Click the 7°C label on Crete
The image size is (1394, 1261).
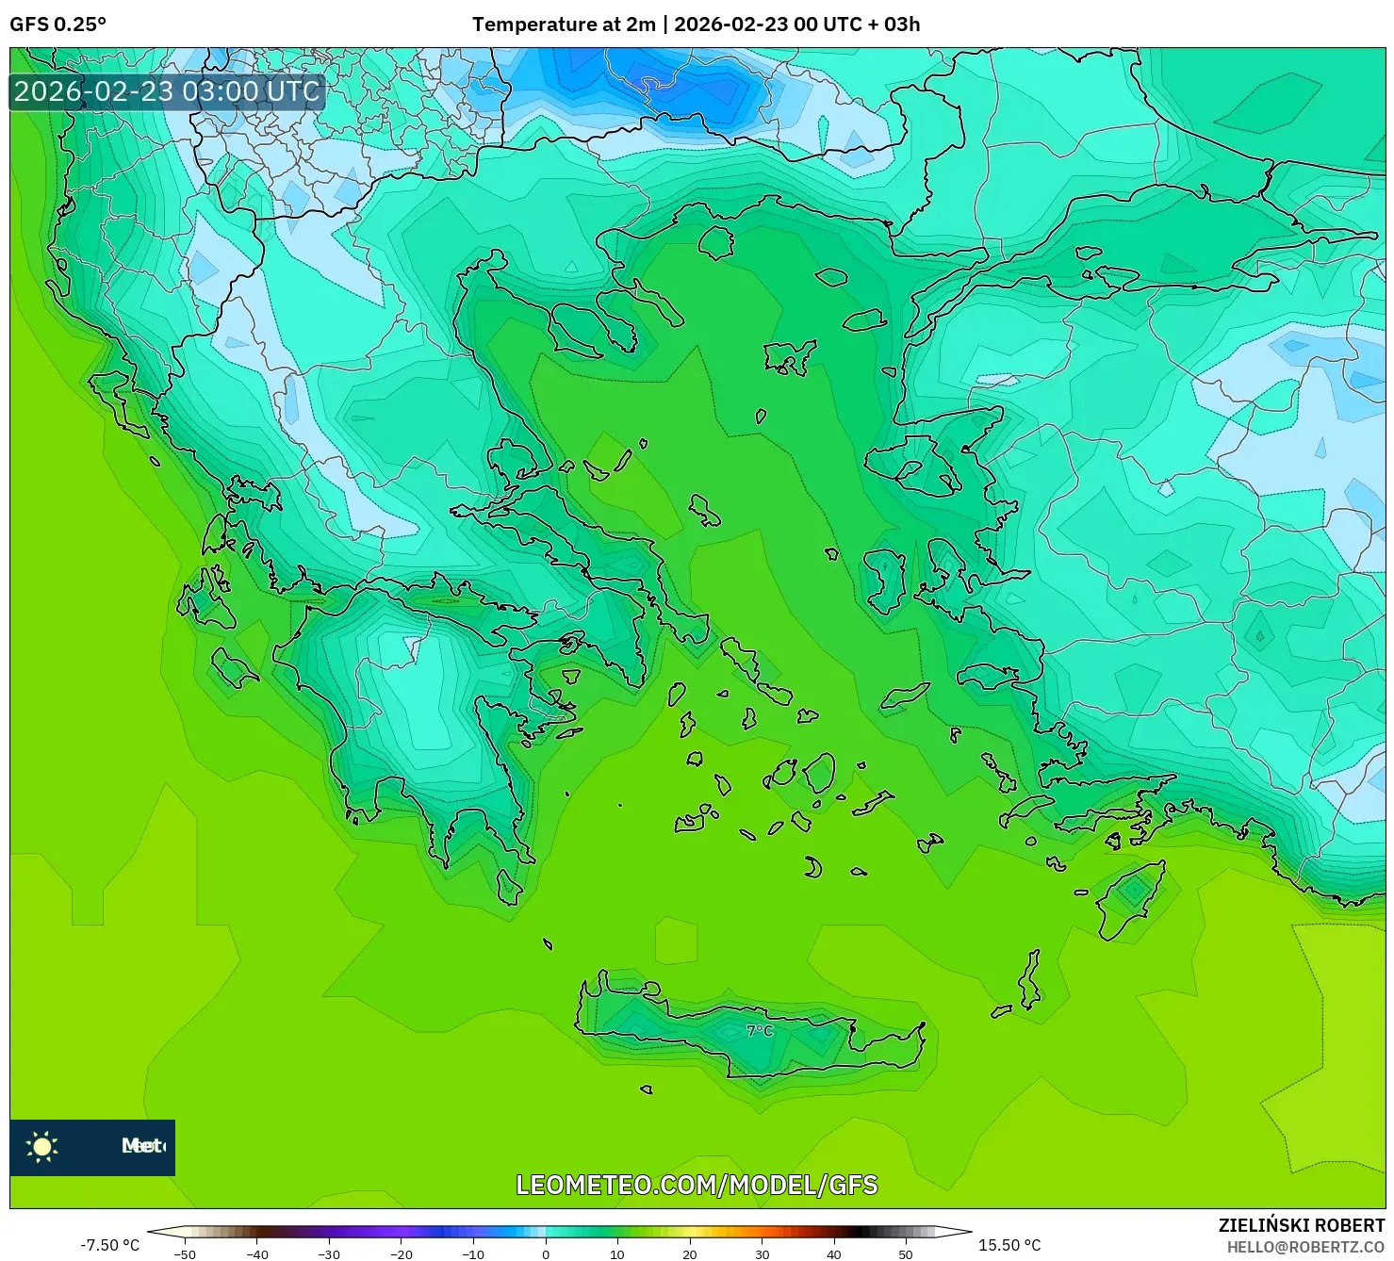[760, 1031]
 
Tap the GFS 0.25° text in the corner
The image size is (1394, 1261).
[57, 25]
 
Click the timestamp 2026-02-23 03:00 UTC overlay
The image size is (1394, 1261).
[167, 91]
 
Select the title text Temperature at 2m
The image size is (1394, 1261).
[563, 25]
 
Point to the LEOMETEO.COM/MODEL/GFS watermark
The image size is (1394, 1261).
[697, 1185]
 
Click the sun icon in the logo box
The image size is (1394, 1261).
[42, 1147]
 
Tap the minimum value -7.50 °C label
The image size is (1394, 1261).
[109, 1245]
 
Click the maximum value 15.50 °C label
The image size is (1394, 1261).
[1009, 1245]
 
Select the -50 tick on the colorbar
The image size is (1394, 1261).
[185, 1253]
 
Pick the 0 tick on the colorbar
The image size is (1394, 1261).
[546, 1253]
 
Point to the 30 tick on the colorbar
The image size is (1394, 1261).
[762, 1253]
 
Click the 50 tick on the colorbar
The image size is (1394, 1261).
[906, 1253]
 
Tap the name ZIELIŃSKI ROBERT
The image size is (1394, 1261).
[1301, 1225]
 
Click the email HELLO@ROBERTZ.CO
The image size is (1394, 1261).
[1305, 1247]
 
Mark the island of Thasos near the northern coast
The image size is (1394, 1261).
[716, 242]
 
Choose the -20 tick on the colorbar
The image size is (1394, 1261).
[402, 1253]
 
